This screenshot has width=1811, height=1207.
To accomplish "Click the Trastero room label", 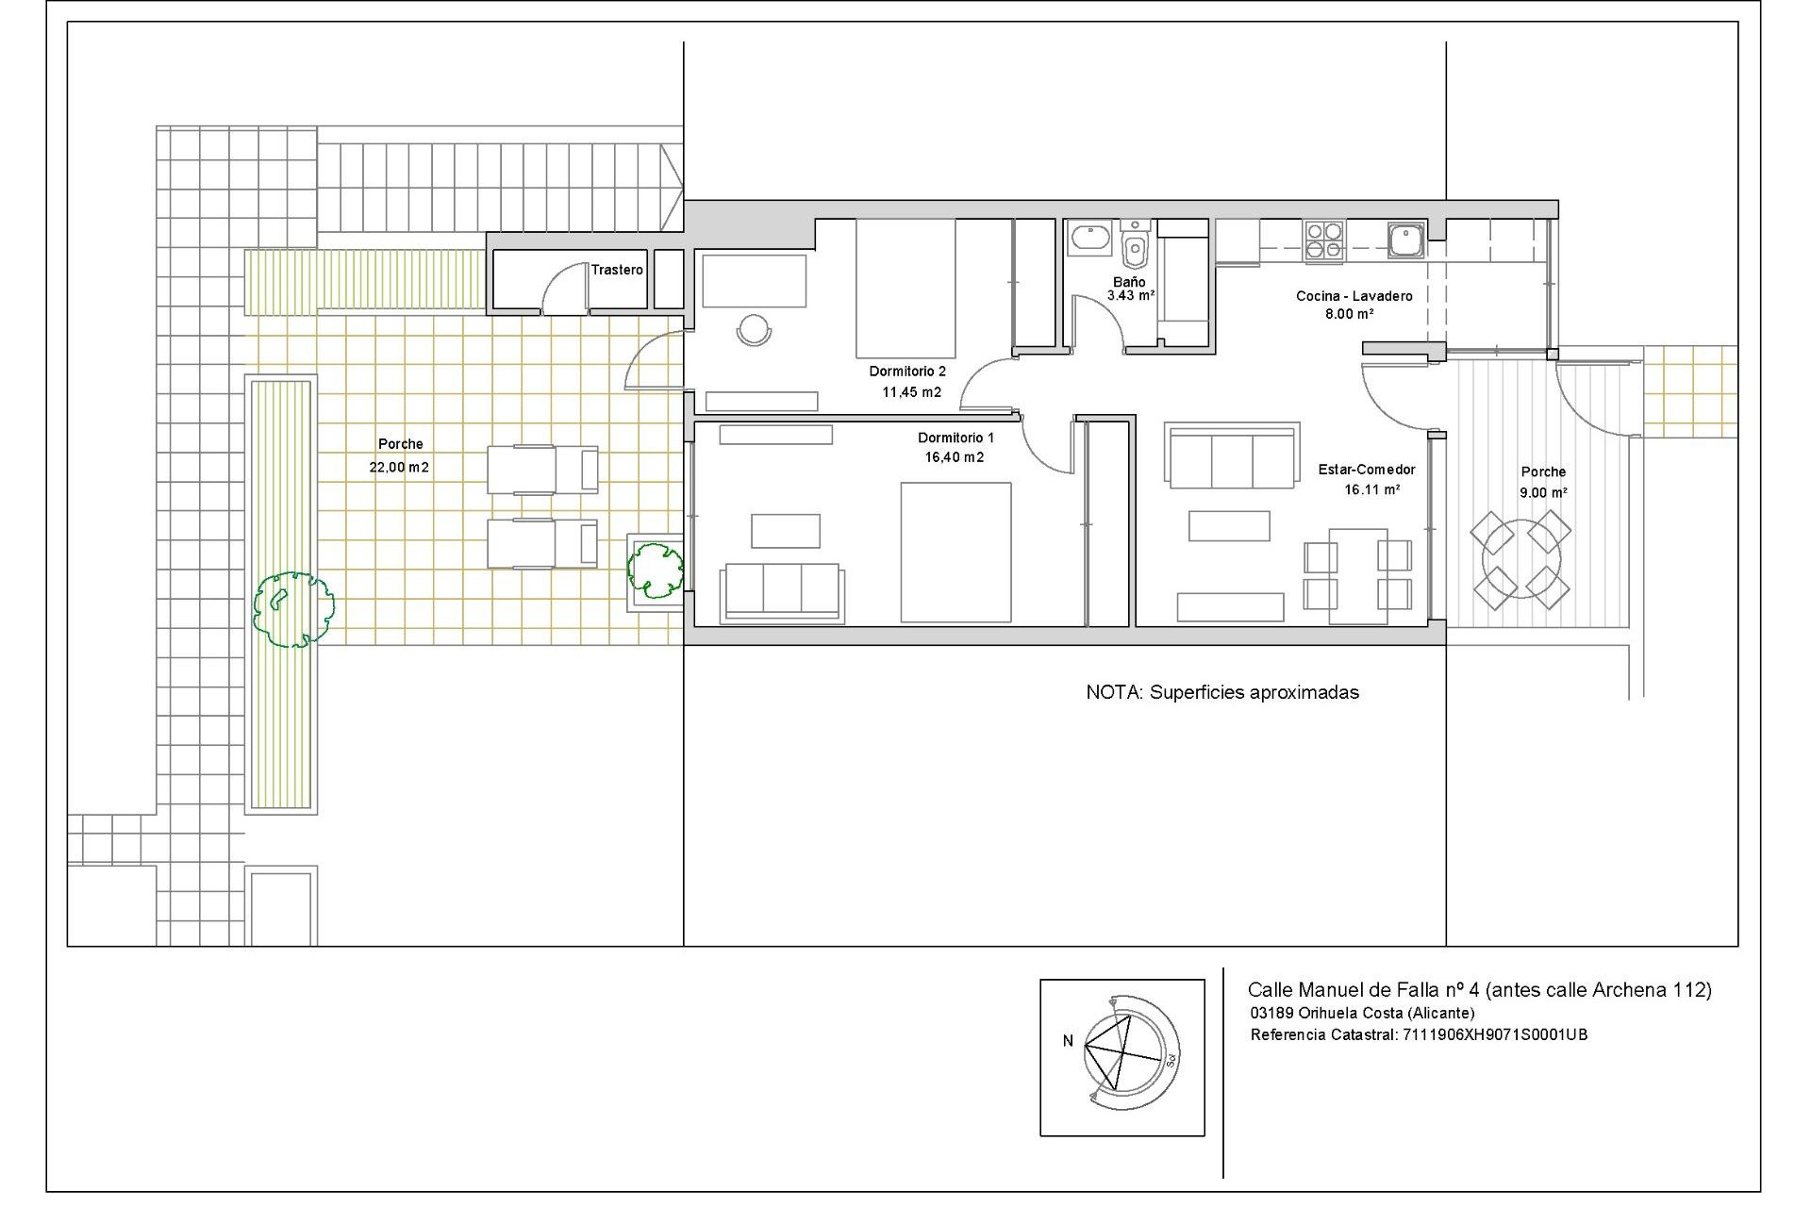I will (x=617, y=270).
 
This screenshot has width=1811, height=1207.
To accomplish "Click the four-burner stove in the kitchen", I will (x=1324, y=240).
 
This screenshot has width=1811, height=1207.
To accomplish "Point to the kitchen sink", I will (x=1405, y=239).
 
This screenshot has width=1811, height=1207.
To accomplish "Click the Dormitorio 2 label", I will (x=907, y=372).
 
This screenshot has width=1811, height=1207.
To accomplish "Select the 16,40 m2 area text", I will (x=955, y=457).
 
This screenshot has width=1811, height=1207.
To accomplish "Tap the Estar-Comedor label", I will (x=1367, y=470).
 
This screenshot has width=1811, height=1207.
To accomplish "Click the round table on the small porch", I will (x=1521, y=560).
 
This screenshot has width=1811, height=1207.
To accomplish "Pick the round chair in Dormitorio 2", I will (x=754, y=330).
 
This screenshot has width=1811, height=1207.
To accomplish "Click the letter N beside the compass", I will (x=1068, y=1041).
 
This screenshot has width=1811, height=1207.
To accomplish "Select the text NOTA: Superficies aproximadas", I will (x=1222, y=692).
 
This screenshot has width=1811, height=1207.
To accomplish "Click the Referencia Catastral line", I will (x=1419, y=1034).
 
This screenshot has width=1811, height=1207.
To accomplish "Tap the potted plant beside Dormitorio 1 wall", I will (x=656, y=569).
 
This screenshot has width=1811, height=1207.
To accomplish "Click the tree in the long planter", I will (x=293, y=609).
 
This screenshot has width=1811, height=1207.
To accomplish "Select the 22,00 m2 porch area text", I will (x=399, y=467).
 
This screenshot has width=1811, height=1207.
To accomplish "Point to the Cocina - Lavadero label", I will (x=1354, y=296).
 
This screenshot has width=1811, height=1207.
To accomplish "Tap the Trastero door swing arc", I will (x=563, y=286).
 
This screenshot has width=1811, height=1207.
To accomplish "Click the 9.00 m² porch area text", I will (x=1543, y=492).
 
